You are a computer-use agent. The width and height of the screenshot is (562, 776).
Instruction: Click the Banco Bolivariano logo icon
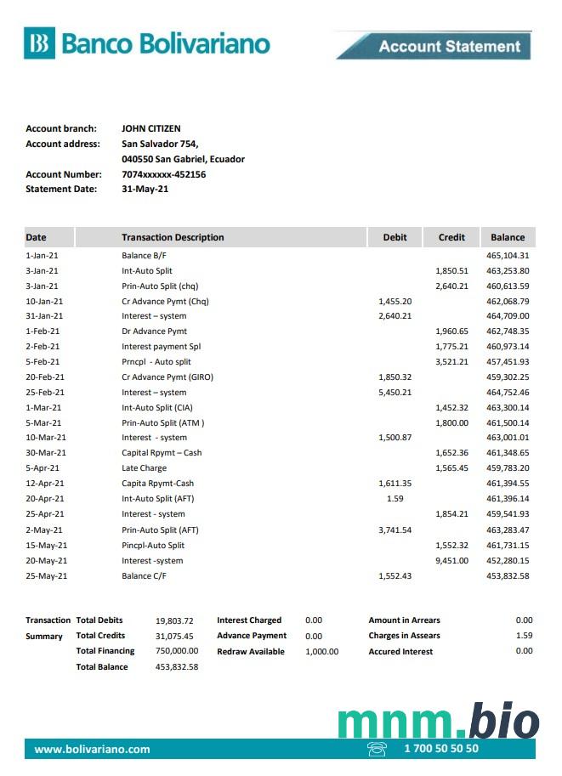pyautogui.click(x=39, y=42)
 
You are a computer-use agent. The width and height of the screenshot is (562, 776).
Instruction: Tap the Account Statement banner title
pyautogui.click(x=449, y=46)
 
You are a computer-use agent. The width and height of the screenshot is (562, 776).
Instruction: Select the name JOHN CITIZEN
pyautogui.click(x=151, y=128)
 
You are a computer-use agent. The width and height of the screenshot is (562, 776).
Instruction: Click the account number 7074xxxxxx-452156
pyautogui.click(x=163, y=174)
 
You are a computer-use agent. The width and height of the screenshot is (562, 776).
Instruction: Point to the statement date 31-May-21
pyautogui.click(x=145, y=190)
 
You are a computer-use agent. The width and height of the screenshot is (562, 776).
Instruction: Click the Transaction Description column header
pyautogui.click(x=173, y=237)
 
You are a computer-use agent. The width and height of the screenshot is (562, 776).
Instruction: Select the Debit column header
pyautogui.click(x=395, y=237)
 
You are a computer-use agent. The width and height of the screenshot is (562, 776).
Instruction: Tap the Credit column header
pyautogui.click(x=451, y=237)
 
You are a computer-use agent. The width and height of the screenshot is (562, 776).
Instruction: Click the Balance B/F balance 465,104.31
pyautogui.click(x=508, y=255)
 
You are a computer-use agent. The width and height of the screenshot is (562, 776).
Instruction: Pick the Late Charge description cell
pyautogui.click(x=144, y=468)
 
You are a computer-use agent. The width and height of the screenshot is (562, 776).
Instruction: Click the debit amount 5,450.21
pyautogui.click(x=395, y=393)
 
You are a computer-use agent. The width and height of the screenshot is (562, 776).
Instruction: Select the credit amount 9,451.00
pyautogui.click(x=451, y=561)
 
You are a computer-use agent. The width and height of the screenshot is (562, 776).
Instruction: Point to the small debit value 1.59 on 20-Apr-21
pyautogui.click(x=395, y=499)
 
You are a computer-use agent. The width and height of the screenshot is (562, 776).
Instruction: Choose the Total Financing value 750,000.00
pyautogui.click(x=177, y=651)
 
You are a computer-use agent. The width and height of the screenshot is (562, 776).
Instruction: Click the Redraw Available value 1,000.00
pyautogui.click(x=321, y=652)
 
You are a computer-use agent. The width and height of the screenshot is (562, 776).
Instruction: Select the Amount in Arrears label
pyautogui.click(x=404, y=620)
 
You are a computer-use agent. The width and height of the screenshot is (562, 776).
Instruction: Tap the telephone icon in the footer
pyautogui.click(x=376, y=749)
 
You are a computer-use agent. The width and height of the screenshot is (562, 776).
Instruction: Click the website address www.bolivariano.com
pyautogui.click(x=92, y=749)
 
